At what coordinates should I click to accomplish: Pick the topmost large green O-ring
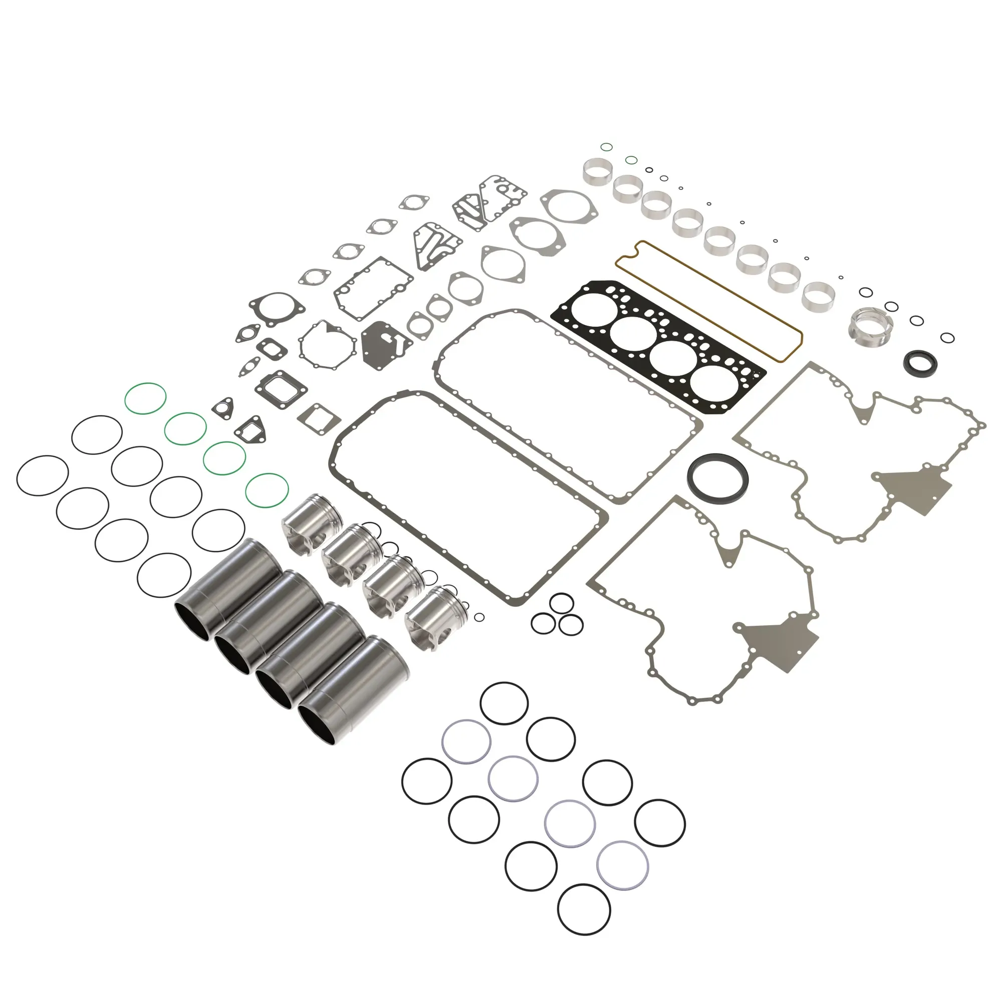145,398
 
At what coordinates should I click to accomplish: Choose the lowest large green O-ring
267,490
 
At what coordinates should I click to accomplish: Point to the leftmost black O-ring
43,475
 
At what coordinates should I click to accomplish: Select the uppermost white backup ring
466,741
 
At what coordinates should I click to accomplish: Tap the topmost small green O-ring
606,147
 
